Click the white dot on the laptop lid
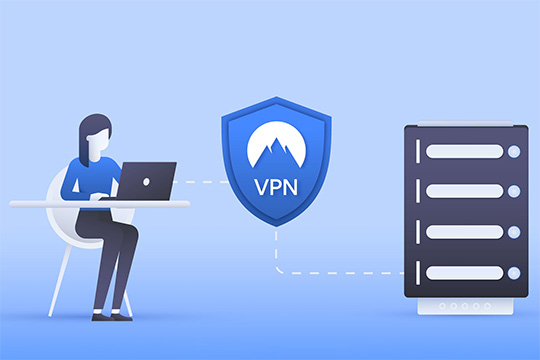tap(145, 183)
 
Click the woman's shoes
tap(111, 314)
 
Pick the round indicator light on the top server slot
tap(514, 152)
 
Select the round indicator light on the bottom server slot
tap(514, 272)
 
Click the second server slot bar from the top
tap(465, 192)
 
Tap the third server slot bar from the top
tap(465, 232)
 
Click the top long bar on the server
tap(465, 152)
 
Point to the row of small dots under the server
tap(465, 306)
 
